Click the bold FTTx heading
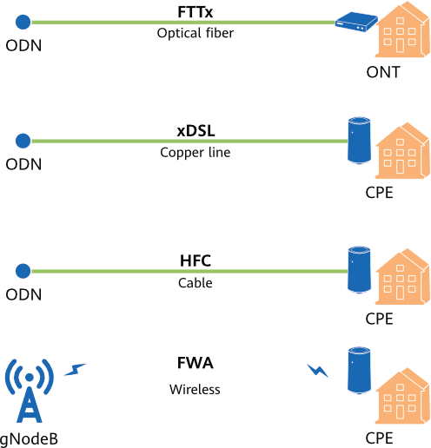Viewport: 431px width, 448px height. pyautogui.click(x=196, y=12)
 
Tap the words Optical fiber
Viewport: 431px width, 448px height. pyautogui.click(x=196, y=33)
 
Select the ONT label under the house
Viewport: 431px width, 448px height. pyautogui.click(x=383, y=72)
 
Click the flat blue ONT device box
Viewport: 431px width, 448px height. pyautogui.click(x=356, y=22)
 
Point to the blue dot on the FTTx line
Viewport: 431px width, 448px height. pyautogui.click(x=23, y=22)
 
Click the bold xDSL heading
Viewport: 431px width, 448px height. pyautogui.click(x=196, y=131)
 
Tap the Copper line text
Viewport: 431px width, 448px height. pyautogui.click(x=196, y=153)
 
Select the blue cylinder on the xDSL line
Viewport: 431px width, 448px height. pyautogui.click(x=359, y=141)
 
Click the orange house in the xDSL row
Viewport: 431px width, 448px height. pyautogui.click(x=402, y=150)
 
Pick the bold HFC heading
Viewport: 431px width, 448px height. pyautogui.click(x=196, y=260)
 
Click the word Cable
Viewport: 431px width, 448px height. pyautogui.click(x=196, y=283)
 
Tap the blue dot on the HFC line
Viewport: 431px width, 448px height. pyautogui.click(x=23, y=271)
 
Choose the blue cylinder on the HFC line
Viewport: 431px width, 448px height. pyautogui.click(x=359, y=270)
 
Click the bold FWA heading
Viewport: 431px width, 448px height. pyautogui.click(x=196, y=363)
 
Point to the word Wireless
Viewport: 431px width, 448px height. pyautogui.click(x=195, y=389)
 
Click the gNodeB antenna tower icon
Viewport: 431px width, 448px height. pyautogui.click(x=30, y=391)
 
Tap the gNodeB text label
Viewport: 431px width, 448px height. pyautogui.click(x=29, y=439)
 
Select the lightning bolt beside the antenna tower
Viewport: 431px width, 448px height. pyautogui.click(x=75, y=370)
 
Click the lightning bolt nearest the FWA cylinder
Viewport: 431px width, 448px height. pyautogui.click(x=318, y=371)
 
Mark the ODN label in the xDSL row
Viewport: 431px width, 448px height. pyautogui.click(x=23, y=164)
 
